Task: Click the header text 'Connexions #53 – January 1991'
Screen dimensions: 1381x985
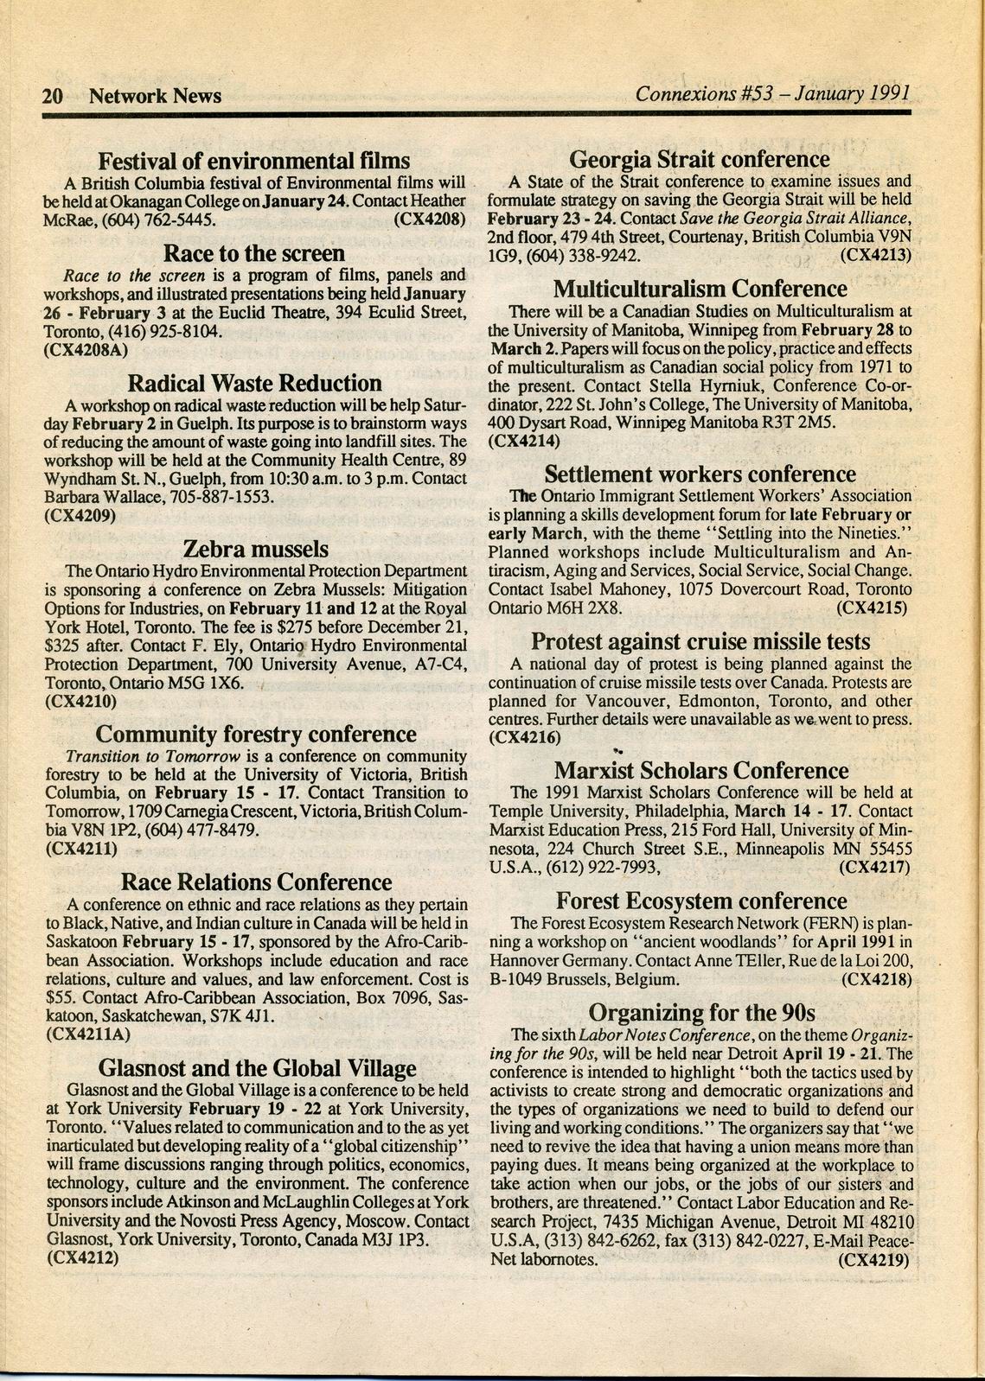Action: coord(772,93)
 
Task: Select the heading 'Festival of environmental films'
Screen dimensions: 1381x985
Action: coord(253,162)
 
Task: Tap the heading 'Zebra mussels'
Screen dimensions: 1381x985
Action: coord(256,549)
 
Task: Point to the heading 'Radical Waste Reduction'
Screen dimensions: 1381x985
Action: coord(254,383)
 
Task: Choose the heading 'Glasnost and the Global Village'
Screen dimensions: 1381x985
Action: coord(257,1068)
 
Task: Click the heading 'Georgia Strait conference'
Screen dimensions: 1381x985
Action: coord(699,159)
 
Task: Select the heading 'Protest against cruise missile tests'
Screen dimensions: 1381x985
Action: coord(700,641)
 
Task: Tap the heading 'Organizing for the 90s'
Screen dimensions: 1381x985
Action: coord(701,1012)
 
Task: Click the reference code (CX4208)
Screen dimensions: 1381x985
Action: coord(430,220)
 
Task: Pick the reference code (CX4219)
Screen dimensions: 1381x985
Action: coord(875,1259)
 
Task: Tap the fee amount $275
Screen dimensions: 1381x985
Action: coord(339,627)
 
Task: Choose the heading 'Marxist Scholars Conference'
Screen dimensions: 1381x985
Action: coord(700,770)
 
